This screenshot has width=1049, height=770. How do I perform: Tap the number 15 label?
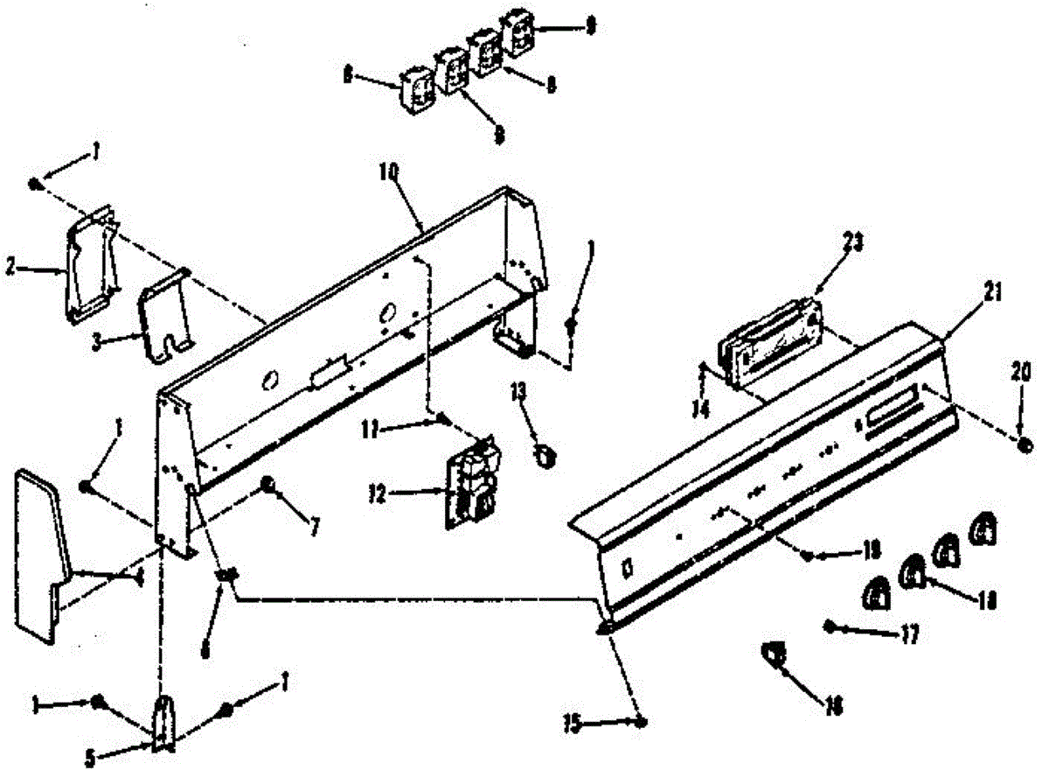click(x=573, y=724)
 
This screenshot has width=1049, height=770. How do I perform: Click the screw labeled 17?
click(x=830, y=625)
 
